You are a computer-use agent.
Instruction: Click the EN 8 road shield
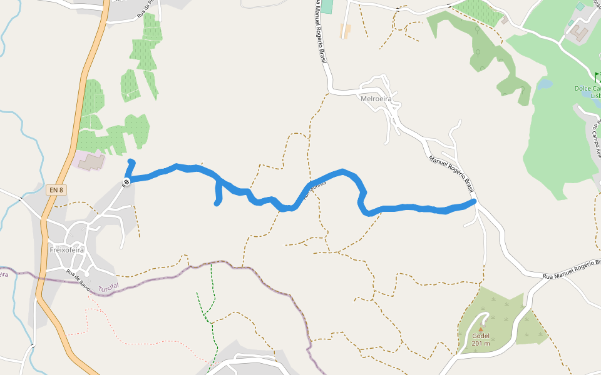[56, 189]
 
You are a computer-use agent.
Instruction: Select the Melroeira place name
[376, 99]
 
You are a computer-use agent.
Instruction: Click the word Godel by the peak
[481, 336]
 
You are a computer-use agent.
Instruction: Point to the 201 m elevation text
[481, 343]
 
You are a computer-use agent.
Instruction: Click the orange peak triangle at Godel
[481, 329]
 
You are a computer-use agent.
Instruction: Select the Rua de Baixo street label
[78, 280]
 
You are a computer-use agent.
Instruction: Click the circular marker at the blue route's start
[126, 182]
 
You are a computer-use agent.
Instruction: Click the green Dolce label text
[587, 89]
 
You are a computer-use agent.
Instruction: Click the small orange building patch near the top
[345, 31]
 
